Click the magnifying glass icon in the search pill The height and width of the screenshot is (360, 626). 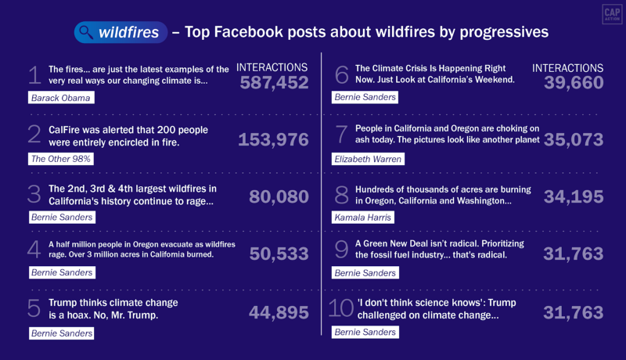(x=85, y=32)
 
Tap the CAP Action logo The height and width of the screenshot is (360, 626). (x=611, y=14)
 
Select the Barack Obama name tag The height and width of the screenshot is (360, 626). (x=61, y=98)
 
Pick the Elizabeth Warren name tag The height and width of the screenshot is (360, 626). (x=369, y=159)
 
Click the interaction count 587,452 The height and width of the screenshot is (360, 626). (x=273, y=83)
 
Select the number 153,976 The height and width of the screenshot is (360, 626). (x=273, y=139)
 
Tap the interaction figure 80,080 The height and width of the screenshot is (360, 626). (x=279, y=197)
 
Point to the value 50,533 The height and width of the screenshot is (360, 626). (x=279, y=254)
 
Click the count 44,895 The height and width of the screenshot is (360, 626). (x=279, y=312)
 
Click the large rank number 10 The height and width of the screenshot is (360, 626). (x=340, y=308)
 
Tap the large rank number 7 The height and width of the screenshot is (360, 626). (x=340, y=134)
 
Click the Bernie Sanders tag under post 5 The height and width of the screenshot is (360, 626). (x=61, y=333)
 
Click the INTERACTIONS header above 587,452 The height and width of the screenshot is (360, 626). (x=272, y=68)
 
